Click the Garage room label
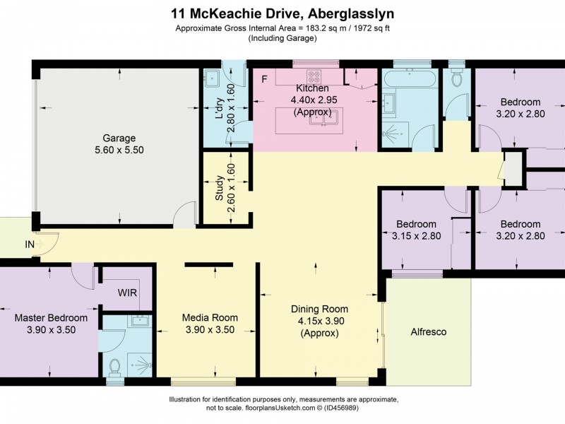tap(119, 138)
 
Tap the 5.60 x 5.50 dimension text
tap(119, 150)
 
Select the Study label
tap(220, 188)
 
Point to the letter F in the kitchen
tap(264, 78)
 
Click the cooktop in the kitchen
tap(314, 76)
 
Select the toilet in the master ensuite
tap(115, 367)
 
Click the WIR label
tap(128, 293)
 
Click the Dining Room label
tap(320, 309)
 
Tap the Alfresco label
tap(429, 331)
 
